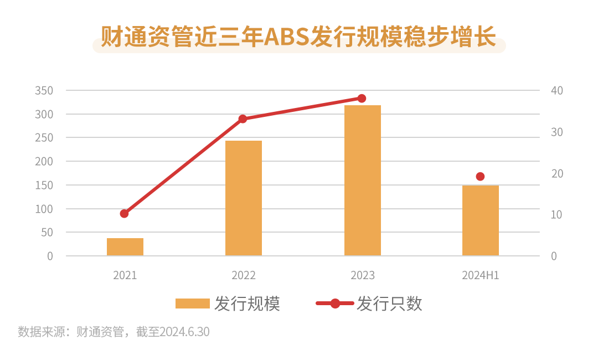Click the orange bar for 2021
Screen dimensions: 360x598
[x=125, y=247]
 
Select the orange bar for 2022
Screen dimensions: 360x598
[x=244, y=198]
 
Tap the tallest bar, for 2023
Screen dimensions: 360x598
[x=362, y=181]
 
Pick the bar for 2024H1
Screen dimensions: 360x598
[x=481, y=220]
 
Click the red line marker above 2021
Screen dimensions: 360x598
[x=124, y=213]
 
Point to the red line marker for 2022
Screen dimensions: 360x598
[x=243, y=119]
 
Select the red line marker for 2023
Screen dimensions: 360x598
[x=362, y=99]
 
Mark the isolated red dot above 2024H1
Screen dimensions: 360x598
[x=480, y=177]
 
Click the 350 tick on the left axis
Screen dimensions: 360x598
[x=44, y=91]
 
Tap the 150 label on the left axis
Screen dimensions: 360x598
[x=44, y=186]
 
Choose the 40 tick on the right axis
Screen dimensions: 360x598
[x=557, y=91]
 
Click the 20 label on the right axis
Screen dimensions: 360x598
[x=557, y=174]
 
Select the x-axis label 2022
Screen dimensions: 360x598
[x=244, y=275]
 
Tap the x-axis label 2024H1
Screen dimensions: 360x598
[x=481, y=275]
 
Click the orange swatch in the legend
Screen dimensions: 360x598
[x=192, y=304]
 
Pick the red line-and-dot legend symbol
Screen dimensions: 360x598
[x=334, y=304]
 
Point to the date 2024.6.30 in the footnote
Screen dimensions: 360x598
[x=184, y=332]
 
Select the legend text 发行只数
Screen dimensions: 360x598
[x=389, y=304]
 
